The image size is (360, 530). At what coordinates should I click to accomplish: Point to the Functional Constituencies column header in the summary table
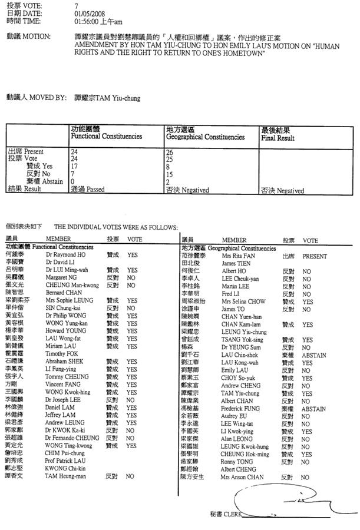(107, 137)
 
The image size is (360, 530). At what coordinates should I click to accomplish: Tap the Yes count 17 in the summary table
(74, 166)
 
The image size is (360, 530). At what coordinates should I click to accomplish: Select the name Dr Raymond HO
(65, 256)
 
